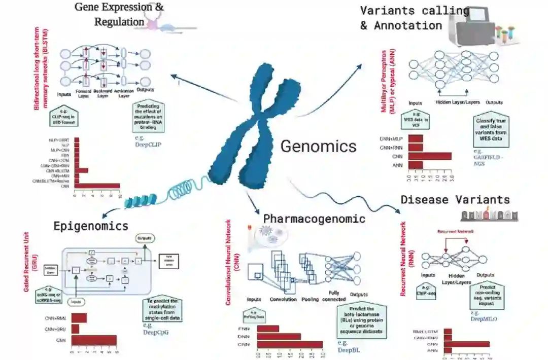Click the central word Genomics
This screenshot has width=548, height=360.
(319, 147)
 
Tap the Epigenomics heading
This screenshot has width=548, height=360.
(91, 226)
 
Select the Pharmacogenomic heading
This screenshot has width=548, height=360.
(314, 219)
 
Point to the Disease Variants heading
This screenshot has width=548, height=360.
(455, 199)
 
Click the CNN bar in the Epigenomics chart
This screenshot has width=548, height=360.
(94, 340)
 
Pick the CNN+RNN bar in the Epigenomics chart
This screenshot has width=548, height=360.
(79, 318)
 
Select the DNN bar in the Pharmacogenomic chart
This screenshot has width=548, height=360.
(279, 336)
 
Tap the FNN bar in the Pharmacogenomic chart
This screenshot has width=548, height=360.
(268, 328)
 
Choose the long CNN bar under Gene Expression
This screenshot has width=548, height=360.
(97, 186)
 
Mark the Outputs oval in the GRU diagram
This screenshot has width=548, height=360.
(146, 238)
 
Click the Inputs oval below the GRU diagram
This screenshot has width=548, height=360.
(76, 301)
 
